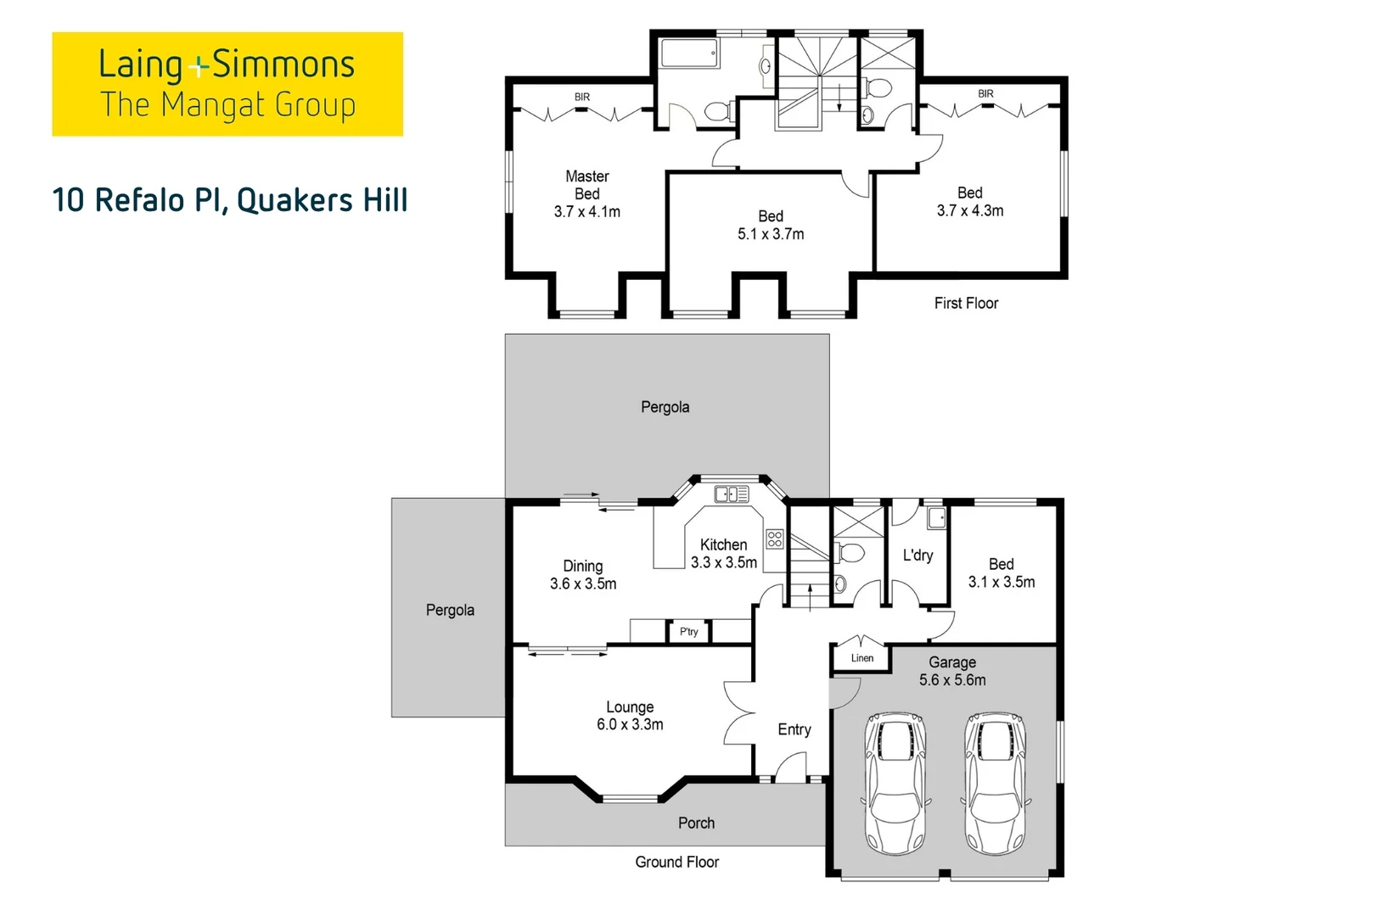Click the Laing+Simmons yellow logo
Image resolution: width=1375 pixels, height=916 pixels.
tap(227, 84)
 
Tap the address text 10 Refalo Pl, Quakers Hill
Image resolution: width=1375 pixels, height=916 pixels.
tap(230, 200)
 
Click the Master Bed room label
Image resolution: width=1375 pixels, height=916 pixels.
tap(587, 185)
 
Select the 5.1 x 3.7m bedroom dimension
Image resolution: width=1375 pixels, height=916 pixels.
tap(771, 234)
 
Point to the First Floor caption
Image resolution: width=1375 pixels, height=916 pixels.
tap(966, 303)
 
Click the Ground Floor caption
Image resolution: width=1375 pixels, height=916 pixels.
tap(677, 862)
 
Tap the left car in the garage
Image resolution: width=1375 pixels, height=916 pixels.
tap(895, 784)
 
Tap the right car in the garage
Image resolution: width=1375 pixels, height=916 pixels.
tap(995, 784)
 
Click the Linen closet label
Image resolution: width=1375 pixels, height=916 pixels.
tap(862, 657)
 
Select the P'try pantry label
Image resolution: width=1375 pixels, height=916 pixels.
tap(688, 631)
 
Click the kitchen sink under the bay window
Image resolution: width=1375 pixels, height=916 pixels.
tap(732, 494)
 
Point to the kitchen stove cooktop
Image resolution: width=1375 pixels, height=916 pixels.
tap(775, 539)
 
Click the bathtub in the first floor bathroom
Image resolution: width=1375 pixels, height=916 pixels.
tap(689, 53)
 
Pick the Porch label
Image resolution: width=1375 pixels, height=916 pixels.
tap(696, 823)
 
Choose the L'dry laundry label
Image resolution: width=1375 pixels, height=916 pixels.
tap(918, 556)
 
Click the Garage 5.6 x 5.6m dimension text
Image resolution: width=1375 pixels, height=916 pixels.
tap(952, 680)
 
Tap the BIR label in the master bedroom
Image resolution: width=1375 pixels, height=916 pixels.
tap(582, 97)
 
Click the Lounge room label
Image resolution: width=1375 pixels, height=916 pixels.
tap(630, 707)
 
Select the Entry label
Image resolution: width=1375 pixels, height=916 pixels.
tap(794, 729)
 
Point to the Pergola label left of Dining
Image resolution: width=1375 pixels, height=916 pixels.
tap(450, 611)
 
